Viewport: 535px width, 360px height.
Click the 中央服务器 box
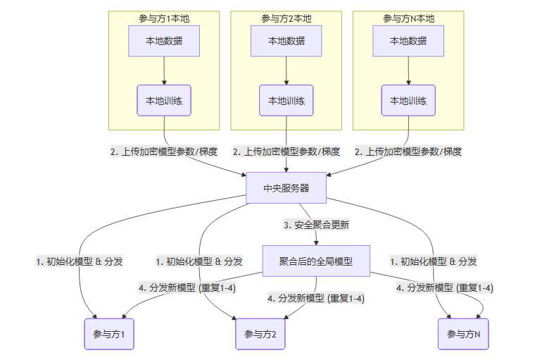pos(286,188)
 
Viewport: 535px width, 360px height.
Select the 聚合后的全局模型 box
pos(316,261)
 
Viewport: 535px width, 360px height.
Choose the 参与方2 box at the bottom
pos(260,333)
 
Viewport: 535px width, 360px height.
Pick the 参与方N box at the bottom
pos(463,333)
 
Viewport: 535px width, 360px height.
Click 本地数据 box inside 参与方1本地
pos(164,41)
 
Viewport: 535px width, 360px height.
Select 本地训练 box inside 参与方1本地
pos(164,100)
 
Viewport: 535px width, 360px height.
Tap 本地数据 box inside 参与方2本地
pos(287,41)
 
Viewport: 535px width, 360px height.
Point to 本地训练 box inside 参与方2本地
pos(287,100)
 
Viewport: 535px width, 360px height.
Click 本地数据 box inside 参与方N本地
pos(408,41)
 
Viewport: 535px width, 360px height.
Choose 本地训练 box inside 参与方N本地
pos(408,100)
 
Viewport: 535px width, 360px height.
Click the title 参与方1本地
pos(164,18)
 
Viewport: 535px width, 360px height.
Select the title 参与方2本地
pos(287,18)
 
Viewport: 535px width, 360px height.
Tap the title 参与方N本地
pos(408,18)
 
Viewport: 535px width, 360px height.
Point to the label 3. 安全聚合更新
pos(317,225)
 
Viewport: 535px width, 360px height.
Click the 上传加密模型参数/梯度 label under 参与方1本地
pos(164,151)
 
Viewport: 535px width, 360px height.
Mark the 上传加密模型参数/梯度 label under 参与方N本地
pos(408,151)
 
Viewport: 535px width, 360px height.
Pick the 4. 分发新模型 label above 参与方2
pos(316,298)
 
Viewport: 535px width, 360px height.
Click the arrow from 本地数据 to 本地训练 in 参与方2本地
pos(287,70)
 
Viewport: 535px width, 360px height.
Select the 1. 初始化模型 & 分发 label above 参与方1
pos(80,261)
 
